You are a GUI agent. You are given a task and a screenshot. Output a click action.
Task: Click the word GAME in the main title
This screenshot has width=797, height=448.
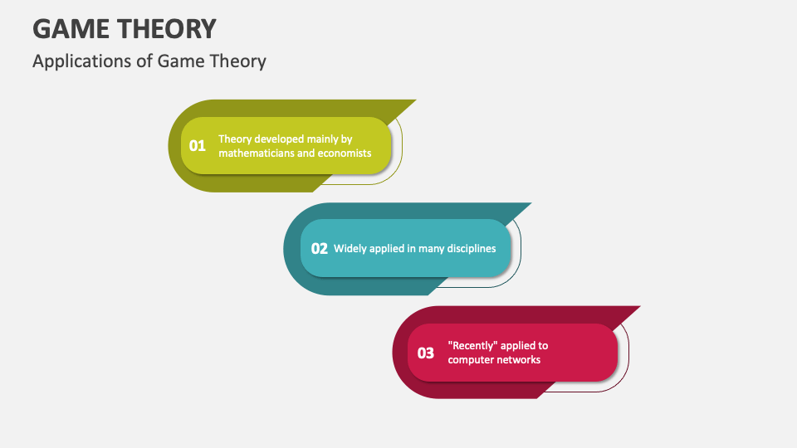72,28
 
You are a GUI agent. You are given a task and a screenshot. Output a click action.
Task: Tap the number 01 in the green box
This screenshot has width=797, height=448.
197,146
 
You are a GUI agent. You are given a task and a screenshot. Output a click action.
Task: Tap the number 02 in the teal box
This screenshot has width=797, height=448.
320,248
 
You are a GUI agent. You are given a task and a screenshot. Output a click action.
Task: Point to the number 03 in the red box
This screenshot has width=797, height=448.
426,353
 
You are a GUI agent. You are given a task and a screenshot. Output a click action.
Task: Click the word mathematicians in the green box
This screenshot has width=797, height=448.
257,153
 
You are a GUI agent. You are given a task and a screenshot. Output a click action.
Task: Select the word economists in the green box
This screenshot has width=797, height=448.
344,153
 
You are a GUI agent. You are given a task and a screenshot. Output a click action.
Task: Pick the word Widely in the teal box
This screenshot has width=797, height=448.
350,248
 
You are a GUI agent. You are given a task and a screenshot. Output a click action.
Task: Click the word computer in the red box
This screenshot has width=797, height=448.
470,359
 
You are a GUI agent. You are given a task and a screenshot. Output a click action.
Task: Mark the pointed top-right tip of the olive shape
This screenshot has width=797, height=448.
414,101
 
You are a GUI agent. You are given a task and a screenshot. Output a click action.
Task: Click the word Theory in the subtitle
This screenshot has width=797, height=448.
240,61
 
